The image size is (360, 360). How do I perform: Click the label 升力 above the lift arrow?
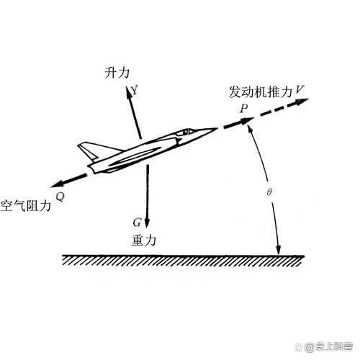pos(117,73)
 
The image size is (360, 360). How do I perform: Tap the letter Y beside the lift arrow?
pos(135,91)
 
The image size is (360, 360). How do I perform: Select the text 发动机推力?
pos(261,91)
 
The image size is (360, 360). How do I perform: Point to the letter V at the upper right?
pos(300,89)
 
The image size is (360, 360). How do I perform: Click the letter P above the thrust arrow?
pos(244,109)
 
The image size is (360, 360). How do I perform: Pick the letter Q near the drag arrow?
pos(60,197)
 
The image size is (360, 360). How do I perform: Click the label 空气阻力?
pos(26,206)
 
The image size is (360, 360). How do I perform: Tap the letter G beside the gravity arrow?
pos(137,222)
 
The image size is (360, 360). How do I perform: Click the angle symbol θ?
pos(269,192)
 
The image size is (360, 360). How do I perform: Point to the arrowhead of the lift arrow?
pos(128,91)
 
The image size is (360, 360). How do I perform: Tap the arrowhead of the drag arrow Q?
pos(57,184)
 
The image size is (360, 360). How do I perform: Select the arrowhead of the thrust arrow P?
pos(247,121)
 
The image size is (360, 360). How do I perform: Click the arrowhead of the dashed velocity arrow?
pos(302,102)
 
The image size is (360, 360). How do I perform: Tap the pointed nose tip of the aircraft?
pos(216,129)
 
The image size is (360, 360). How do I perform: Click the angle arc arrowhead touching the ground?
pos(279,250)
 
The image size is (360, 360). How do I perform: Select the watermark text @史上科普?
pos(328,346)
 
